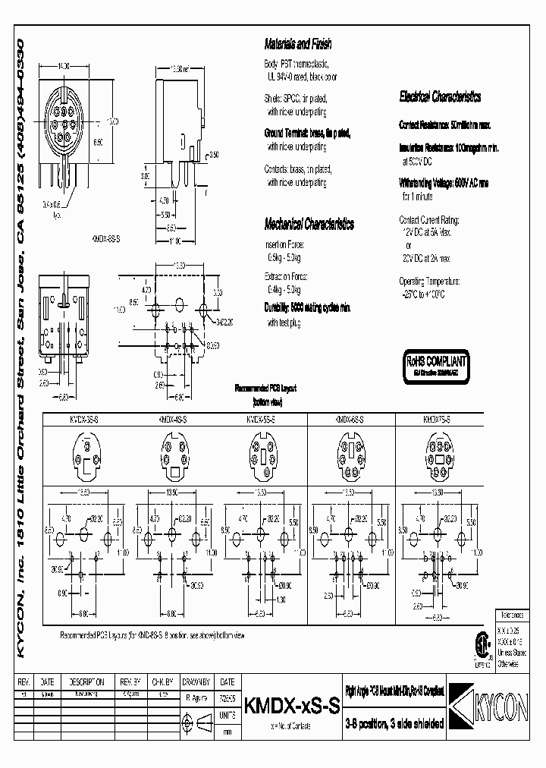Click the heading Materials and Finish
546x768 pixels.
pos(298,45)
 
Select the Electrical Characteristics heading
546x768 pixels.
pos(440,97)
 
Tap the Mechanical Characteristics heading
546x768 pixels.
pos(309,224)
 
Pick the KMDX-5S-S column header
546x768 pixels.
pos(262,419)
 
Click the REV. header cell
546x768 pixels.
pos(24,682)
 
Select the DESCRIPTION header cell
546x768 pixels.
pos(85,682)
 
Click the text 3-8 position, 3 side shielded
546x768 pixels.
pos(394,722)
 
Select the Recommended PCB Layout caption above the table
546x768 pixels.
pos(265,388)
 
